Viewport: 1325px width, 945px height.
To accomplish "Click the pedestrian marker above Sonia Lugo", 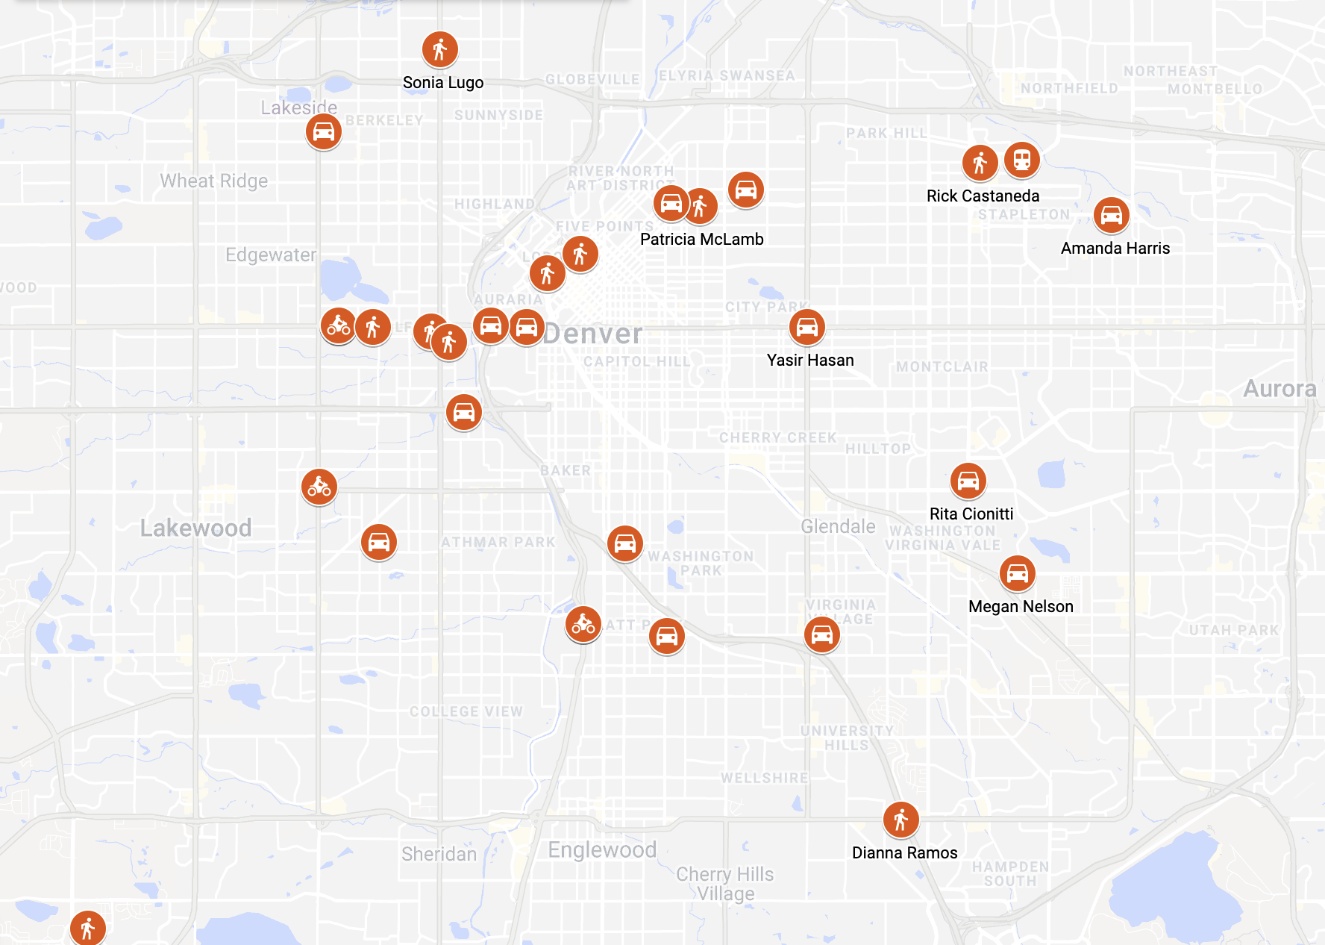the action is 440,50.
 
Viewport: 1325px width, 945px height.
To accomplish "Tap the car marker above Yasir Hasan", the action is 807,327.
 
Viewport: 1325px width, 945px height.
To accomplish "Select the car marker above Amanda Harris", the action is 1112,215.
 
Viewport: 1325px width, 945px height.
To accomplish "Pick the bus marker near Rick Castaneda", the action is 1022,160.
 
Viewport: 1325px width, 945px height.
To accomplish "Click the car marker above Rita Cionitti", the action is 968,481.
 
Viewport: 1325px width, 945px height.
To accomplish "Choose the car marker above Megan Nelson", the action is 1018,573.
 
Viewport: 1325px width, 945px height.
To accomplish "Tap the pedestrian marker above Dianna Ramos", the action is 901,820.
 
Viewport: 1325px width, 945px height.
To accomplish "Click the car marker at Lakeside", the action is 324,132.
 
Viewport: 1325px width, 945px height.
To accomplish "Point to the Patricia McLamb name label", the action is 701,240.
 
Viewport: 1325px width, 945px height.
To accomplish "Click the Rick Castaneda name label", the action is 983,196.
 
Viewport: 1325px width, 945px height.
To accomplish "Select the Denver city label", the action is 592,334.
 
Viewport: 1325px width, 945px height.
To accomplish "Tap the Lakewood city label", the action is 195,528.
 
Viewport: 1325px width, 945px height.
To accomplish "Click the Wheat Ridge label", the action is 213,181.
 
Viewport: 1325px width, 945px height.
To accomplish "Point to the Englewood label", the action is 602,849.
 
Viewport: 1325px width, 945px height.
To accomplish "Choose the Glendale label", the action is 838,526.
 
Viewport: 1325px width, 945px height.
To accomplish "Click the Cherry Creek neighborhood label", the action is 777,437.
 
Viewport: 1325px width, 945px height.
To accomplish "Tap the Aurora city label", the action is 1279,389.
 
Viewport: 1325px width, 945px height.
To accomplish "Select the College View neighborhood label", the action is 466,711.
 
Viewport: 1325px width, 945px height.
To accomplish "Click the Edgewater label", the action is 271,255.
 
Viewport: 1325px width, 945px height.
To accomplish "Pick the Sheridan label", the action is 439,854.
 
